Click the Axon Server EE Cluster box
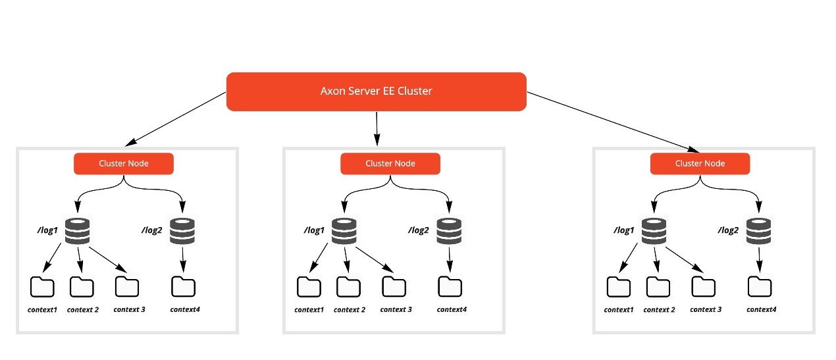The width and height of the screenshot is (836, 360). point(376,91)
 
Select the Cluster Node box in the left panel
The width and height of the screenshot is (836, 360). point(123,164)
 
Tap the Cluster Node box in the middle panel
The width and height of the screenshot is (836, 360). point(390,164)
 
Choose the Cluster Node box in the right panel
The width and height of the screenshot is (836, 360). point(700,164)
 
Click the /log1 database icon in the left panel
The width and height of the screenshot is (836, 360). point(78,230)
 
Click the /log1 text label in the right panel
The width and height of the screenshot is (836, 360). point(623,230)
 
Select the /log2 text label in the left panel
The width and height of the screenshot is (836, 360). point(152,230)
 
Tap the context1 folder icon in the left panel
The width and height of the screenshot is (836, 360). point(42,288)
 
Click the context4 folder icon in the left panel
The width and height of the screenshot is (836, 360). point(183,286)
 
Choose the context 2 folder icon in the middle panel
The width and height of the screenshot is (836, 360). point(348,287)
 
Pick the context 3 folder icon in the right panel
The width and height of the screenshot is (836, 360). point(703,287)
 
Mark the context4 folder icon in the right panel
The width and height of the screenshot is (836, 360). point(760,287)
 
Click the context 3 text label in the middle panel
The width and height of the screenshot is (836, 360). point(396,309)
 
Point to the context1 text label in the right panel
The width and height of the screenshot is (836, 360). point(618,309)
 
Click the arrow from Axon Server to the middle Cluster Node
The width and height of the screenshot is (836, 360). point(377,128)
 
